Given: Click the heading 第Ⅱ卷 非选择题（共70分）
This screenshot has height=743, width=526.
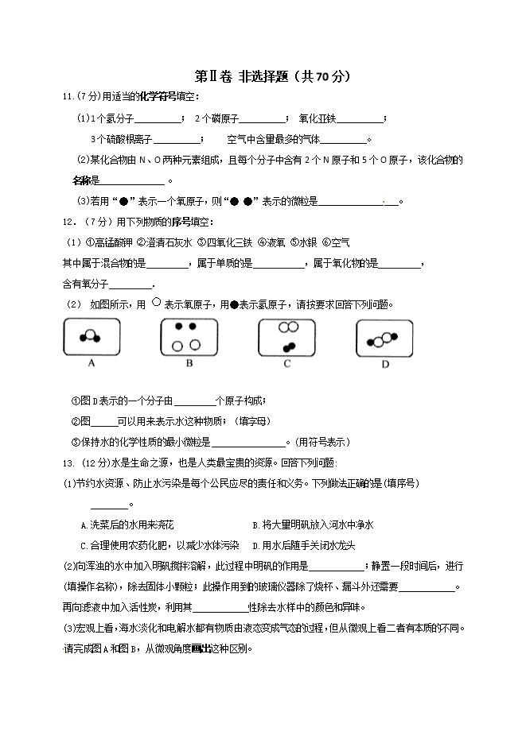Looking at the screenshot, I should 272,77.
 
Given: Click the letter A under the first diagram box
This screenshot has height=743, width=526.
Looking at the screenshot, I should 92,363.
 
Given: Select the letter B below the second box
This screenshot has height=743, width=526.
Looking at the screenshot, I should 189,363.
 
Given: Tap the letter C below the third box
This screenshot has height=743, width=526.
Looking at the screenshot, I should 286,363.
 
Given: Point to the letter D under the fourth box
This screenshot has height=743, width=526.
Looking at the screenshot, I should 384,365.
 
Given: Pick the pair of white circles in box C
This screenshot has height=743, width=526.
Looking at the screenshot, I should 287,327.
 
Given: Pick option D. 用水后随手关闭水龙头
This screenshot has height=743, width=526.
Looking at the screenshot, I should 303,545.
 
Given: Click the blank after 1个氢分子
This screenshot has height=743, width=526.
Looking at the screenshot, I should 158,121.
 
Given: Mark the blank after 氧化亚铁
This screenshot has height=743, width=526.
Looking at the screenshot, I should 360,121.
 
